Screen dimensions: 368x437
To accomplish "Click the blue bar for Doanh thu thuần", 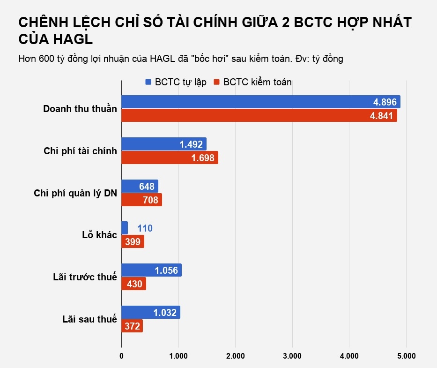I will [x=260, y=102].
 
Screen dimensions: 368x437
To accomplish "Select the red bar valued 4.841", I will [x=259, y=116].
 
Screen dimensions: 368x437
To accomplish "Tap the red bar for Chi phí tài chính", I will [x=170, y=158].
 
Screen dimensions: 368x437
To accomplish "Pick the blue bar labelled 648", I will [x=140, y=186].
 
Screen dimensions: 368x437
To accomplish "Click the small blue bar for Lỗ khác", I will [x=125, y=228].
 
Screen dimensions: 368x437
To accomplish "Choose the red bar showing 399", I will [x=133, y=242].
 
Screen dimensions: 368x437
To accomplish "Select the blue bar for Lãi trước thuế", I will [x=151, y=270].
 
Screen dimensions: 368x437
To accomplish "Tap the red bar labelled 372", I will [x=132, y=326].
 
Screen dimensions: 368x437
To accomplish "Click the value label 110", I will [x=145, y=229].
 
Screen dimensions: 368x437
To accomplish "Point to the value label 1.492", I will [x=191, y=144].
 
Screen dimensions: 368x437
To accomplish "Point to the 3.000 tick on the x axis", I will [x=292, y=356].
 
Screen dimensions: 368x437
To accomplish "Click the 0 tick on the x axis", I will [x=121, y=356].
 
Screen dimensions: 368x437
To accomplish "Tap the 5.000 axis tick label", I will [x=406, y=356].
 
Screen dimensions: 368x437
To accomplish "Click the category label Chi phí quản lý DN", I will [x=75, y=193].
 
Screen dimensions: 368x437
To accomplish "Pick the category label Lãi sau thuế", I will [x=89, y=319].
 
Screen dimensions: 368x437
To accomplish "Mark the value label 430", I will [x=133, y=284].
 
